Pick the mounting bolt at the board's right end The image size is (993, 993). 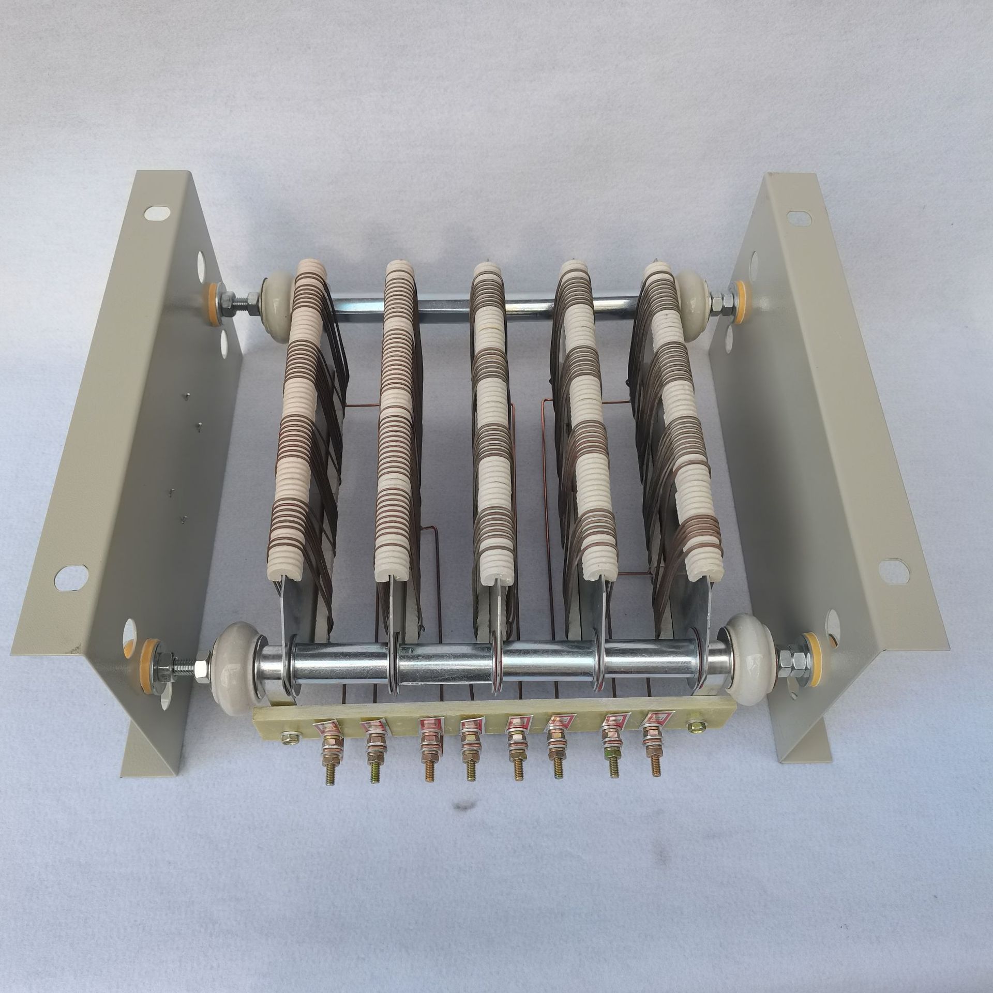(x=692, y=727)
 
